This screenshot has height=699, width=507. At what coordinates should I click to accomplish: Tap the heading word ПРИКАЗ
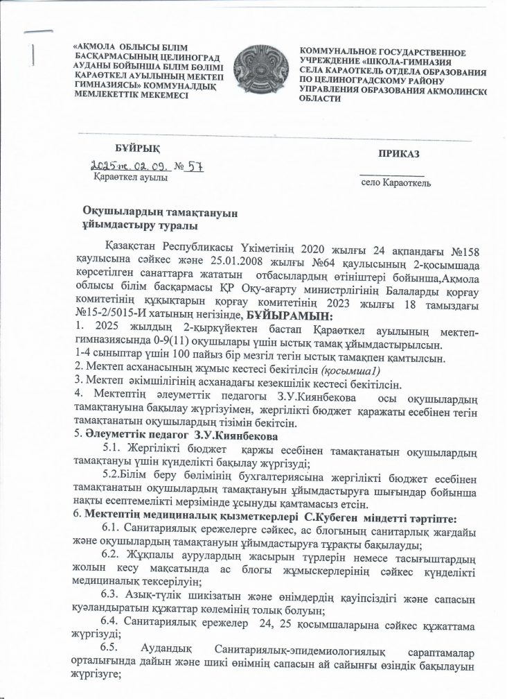pos(398,153)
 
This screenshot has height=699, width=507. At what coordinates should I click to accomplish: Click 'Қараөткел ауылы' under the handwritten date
pos(130,178)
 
